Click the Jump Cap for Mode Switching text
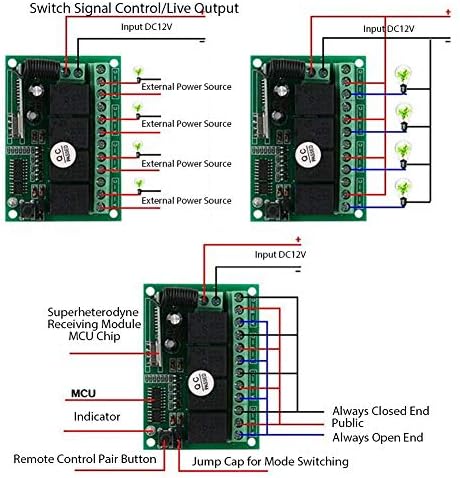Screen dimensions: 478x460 pos(263,462)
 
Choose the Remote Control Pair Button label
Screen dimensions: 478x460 pos(85,460)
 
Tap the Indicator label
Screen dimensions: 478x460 pos(96,415)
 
